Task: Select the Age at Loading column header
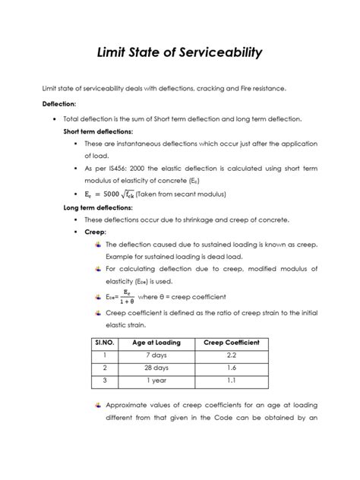pyautogui.click(x=156, y=343)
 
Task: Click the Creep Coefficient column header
pyautogui.click(x=232, y=343)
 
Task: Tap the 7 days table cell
pyautogui.click(x=156, y=355)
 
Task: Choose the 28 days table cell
pyautogui.click(x=156, y=368)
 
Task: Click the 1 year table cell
pyautogui.click(x=156, y=381)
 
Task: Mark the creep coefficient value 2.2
pyautogui.click(x=232, y=355)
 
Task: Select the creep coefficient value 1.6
pyautogui.click(x=232, y=368)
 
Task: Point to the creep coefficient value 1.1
pyautogui.click(x=232, y=381)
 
